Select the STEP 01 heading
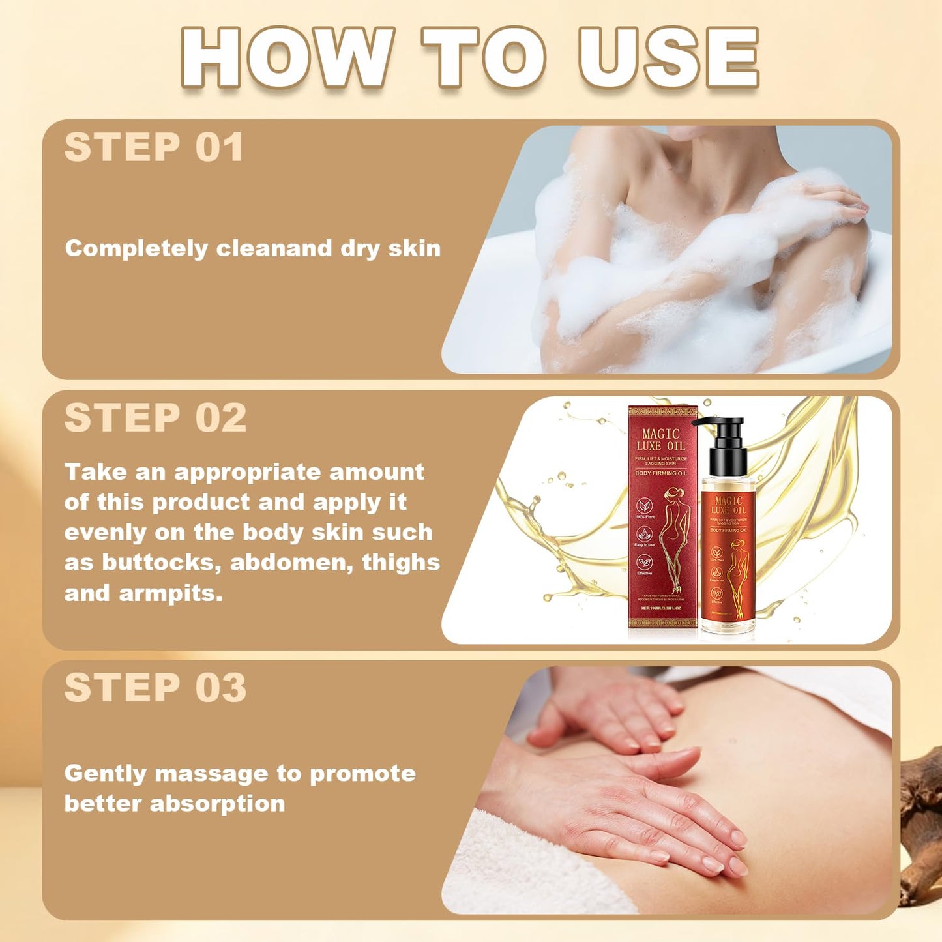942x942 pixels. [154, 147]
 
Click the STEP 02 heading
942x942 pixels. [155, 418]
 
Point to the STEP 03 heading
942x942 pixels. [155, 688]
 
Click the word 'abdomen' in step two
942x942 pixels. [291, 563]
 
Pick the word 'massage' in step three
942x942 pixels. [211, 774]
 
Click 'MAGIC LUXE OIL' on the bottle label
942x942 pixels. [728, 506]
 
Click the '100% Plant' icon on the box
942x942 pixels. [644, 507]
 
